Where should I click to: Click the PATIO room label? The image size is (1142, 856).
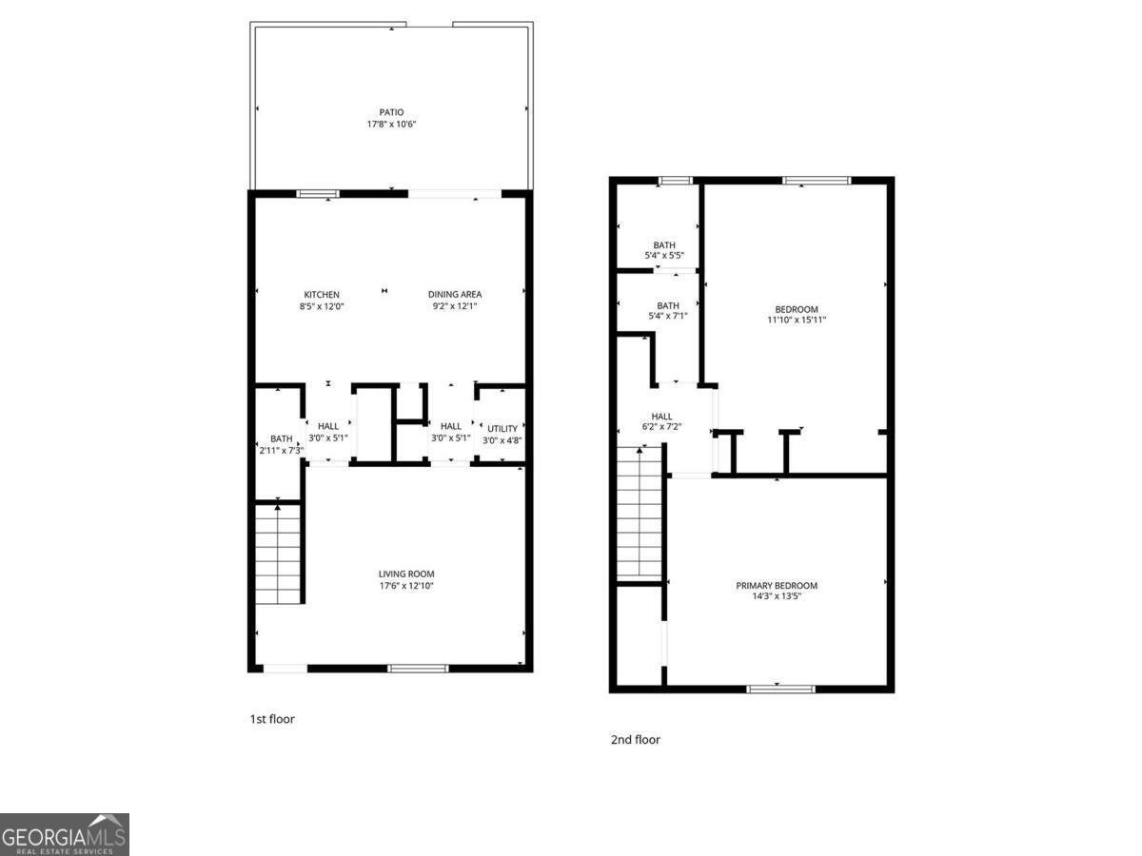pos(391,112)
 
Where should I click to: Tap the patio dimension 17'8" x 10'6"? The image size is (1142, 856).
pos(391,124)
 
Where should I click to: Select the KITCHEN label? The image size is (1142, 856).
pos(322,295)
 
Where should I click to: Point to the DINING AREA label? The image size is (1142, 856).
pos(455,295)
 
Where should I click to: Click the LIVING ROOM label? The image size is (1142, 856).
pos(406,574)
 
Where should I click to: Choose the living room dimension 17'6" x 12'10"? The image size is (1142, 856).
pos(406,586)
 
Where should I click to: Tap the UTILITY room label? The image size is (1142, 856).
pos(502,429)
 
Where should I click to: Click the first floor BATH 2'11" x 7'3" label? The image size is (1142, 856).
pos(281,444)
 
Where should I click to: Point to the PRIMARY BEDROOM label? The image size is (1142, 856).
pos(777,586)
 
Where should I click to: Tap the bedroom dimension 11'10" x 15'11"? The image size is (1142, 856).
pos(797,321)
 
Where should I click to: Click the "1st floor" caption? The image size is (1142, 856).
pos(272,719)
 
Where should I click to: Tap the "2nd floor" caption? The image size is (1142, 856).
pos(635,739)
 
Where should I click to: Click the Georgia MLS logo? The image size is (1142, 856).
pos(64,834)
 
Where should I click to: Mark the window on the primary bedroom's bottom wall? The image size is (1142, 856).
pos(781,688)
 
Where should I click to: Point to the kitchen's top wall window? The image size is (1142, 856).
pos(318,194)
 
